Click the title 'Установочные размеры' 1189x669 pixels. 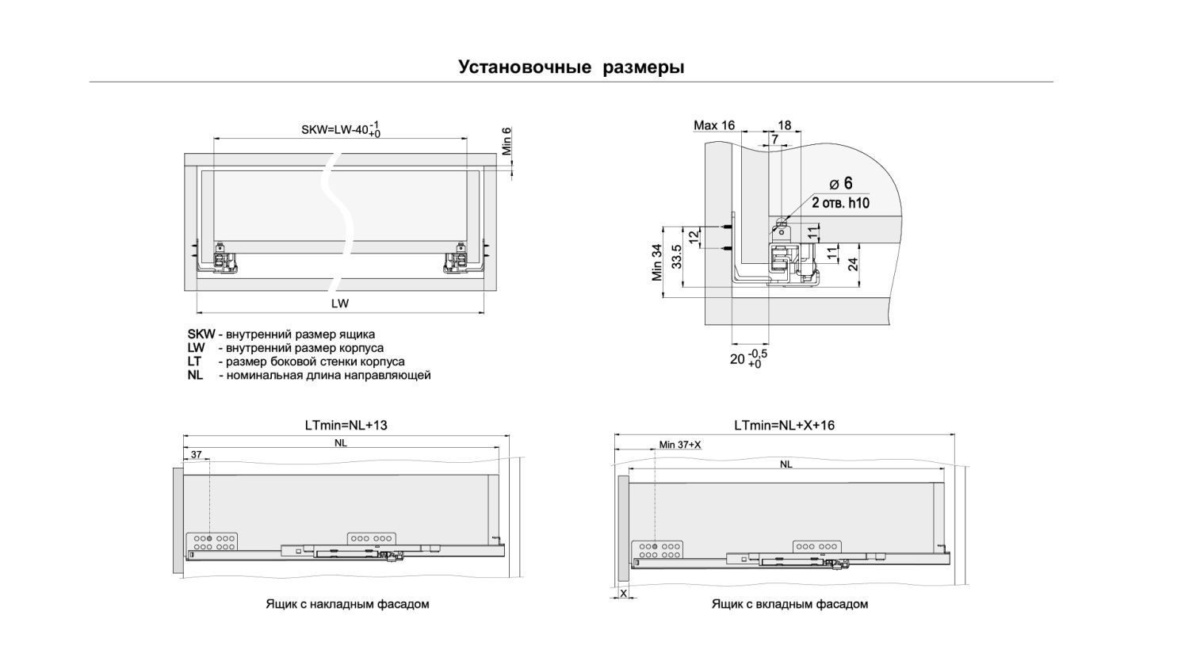[x=571, y=67]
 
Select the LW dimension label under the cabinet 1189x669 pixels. [x=340, y=304]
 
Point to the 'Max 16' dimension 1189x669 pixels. [x=714, y=125]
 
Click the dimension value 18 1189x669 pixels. [x=785, y=125]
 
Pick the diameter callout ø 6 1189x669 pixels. [x=841, y=184]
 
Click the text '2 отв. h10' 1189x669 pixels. [x=840, y=203]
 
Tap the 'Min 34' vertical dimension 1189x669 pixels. [x=657, y=262]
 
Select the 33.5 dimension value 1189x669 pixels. [x=677, y=255]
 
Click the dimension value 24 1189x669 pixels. [x=854, y=264]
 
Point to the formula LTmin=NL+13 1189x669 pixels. [x=346, y=426]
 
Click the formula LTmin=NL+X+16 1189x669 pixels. [x=784, y=426]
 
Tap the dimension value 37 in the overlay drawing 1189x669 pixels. [x=197, y=455]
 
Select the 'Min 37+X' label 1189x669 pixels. [x=680, y=445]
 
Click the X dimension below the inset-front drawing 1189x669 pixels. [x=623, y=593]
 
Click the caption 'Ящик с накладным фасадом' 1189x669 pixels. [x=347, y=604]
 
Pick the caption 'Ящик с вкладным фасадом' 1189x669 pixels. [x=789, y=604]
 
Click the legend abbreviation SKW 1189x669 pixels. [x=201, y=334]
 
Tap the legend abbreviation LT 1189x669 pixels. [x=195, y=361]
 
